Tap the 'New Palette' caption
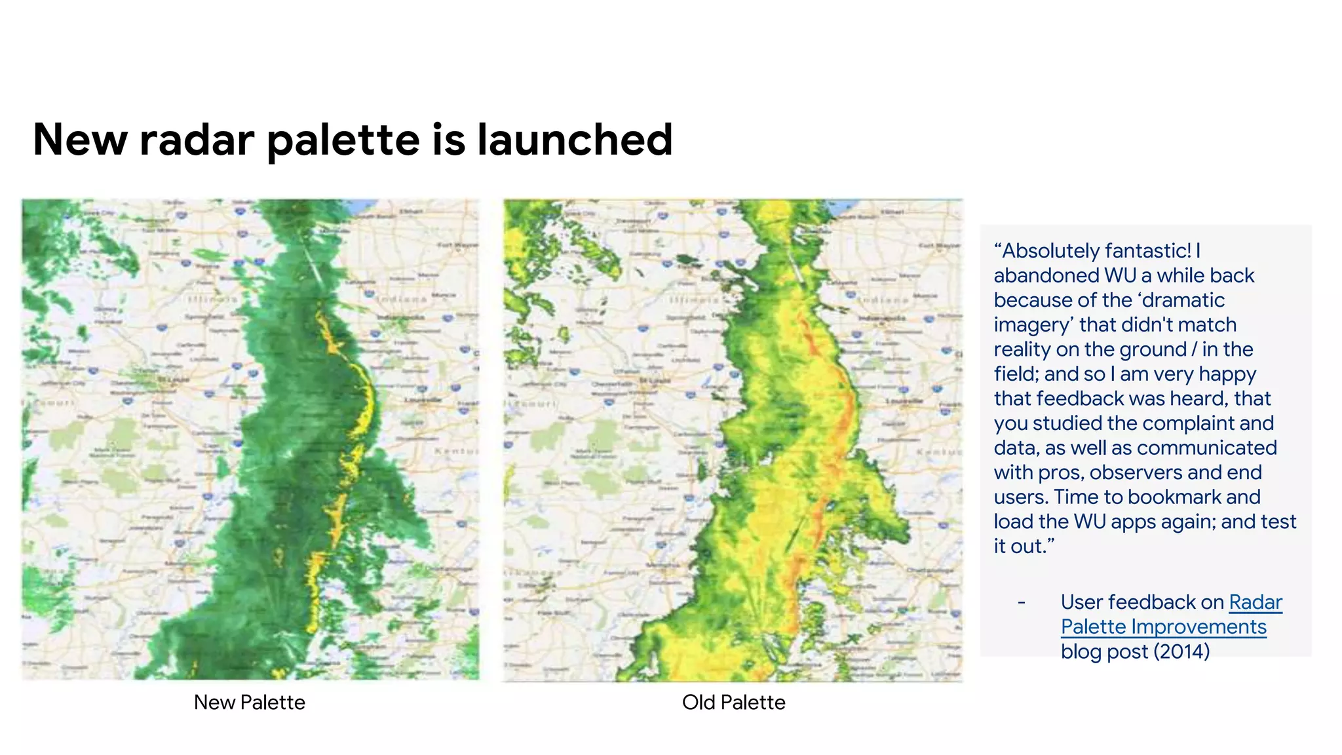(x=249, y=702)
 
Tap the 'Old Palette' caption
(x=733, y=702)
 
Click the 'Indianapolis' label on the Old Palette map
(x=883, y=318)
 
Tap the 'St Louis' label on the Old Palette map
(x=655, y=379)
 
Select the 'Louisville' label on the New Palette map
(x=422, y=400)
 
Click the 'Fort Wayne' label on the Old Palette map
(x=938, y=246)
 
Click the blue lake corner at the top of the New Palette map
(x=362, y=206)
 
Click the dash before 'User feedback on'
(x=1021, y=602)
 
